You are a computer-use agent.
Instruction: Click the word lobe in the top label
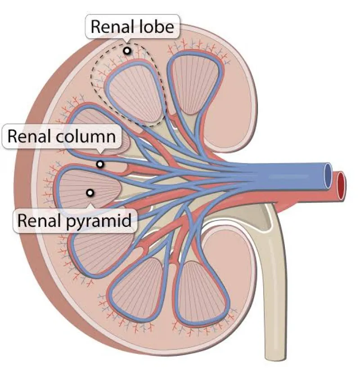[x=156, y=27]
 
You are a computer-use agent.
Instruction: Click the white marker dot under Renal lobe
[x=127, y=51]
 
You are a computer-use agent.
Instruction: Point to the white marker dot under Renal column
[x=100, y=164]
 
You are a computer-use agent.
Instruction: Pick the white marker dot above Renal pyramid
[x=90, y=193]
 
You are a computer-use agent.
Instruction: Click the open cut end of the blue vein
[x=328, y=176]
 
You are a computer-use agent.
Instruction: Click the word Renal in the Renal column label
[x=29, y=136]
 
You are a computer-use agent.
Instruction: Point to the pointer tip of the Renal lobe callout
[x=126, y=42]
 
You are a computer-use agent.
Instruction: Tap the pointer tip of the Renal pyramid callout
[x=90, y=204]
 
